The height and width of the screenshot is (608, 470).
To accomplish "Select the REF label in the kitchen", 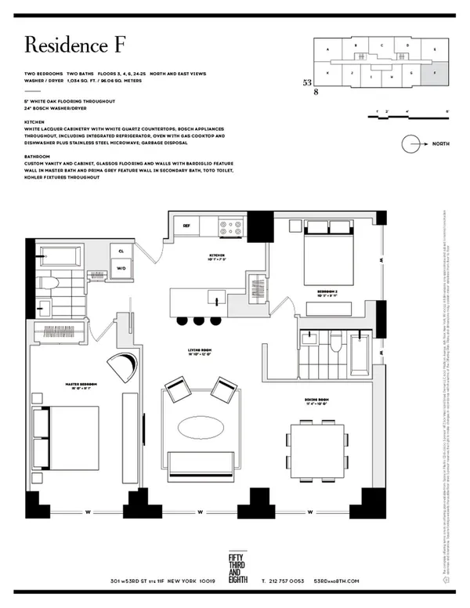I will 186,226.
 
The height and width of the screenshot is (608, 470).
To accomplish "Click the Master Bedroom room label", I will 81,385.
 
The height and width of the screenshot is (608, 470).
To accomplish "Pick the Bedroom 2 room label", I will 328,291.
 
